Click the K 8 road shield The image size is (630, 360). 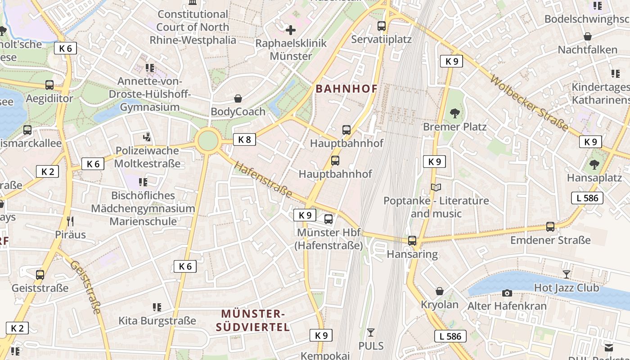tap(244, 139)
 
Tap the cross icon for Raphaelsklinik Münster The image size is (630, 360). tap(291, 30)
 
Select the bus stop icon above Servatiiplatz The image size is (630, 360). tap(382, 26)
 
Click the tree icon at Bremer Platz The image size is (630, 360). tap(455, 113)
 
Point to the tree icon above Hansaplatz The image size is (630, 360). tap(594, 165)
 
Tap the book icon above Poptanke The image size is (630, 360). tap(436, 187)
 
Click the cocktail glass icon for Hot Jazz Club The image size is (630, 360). tap(566, 274)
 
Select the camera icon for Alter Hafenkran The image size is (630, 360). tap(507, 293)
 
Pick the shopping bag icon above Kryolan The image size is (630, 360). tap(439, 291)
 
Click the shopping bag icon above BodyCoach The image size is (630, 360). tap(238, 98)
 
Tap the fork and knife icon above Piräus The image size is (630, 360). tap(70, 221)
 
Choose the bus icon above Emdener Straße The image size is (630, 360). tap(550, 227)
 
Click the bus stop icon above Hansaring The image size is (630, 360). tap(412, 241)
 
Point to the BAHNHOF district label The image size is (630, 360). tap(346, 89)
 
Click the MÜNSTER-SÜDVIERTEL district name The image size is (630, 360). tap(253, 320)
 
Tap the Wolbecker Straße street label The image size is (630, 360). tap(529, 103)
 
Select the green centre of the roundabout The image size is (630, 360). tap(208, 141)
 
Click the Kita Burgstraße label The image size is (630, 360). tap(157, 321)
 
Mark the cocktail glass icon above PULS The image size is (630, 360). tap(371, 333)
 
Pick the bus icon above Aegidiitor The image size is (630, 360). tap(49, 85)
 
